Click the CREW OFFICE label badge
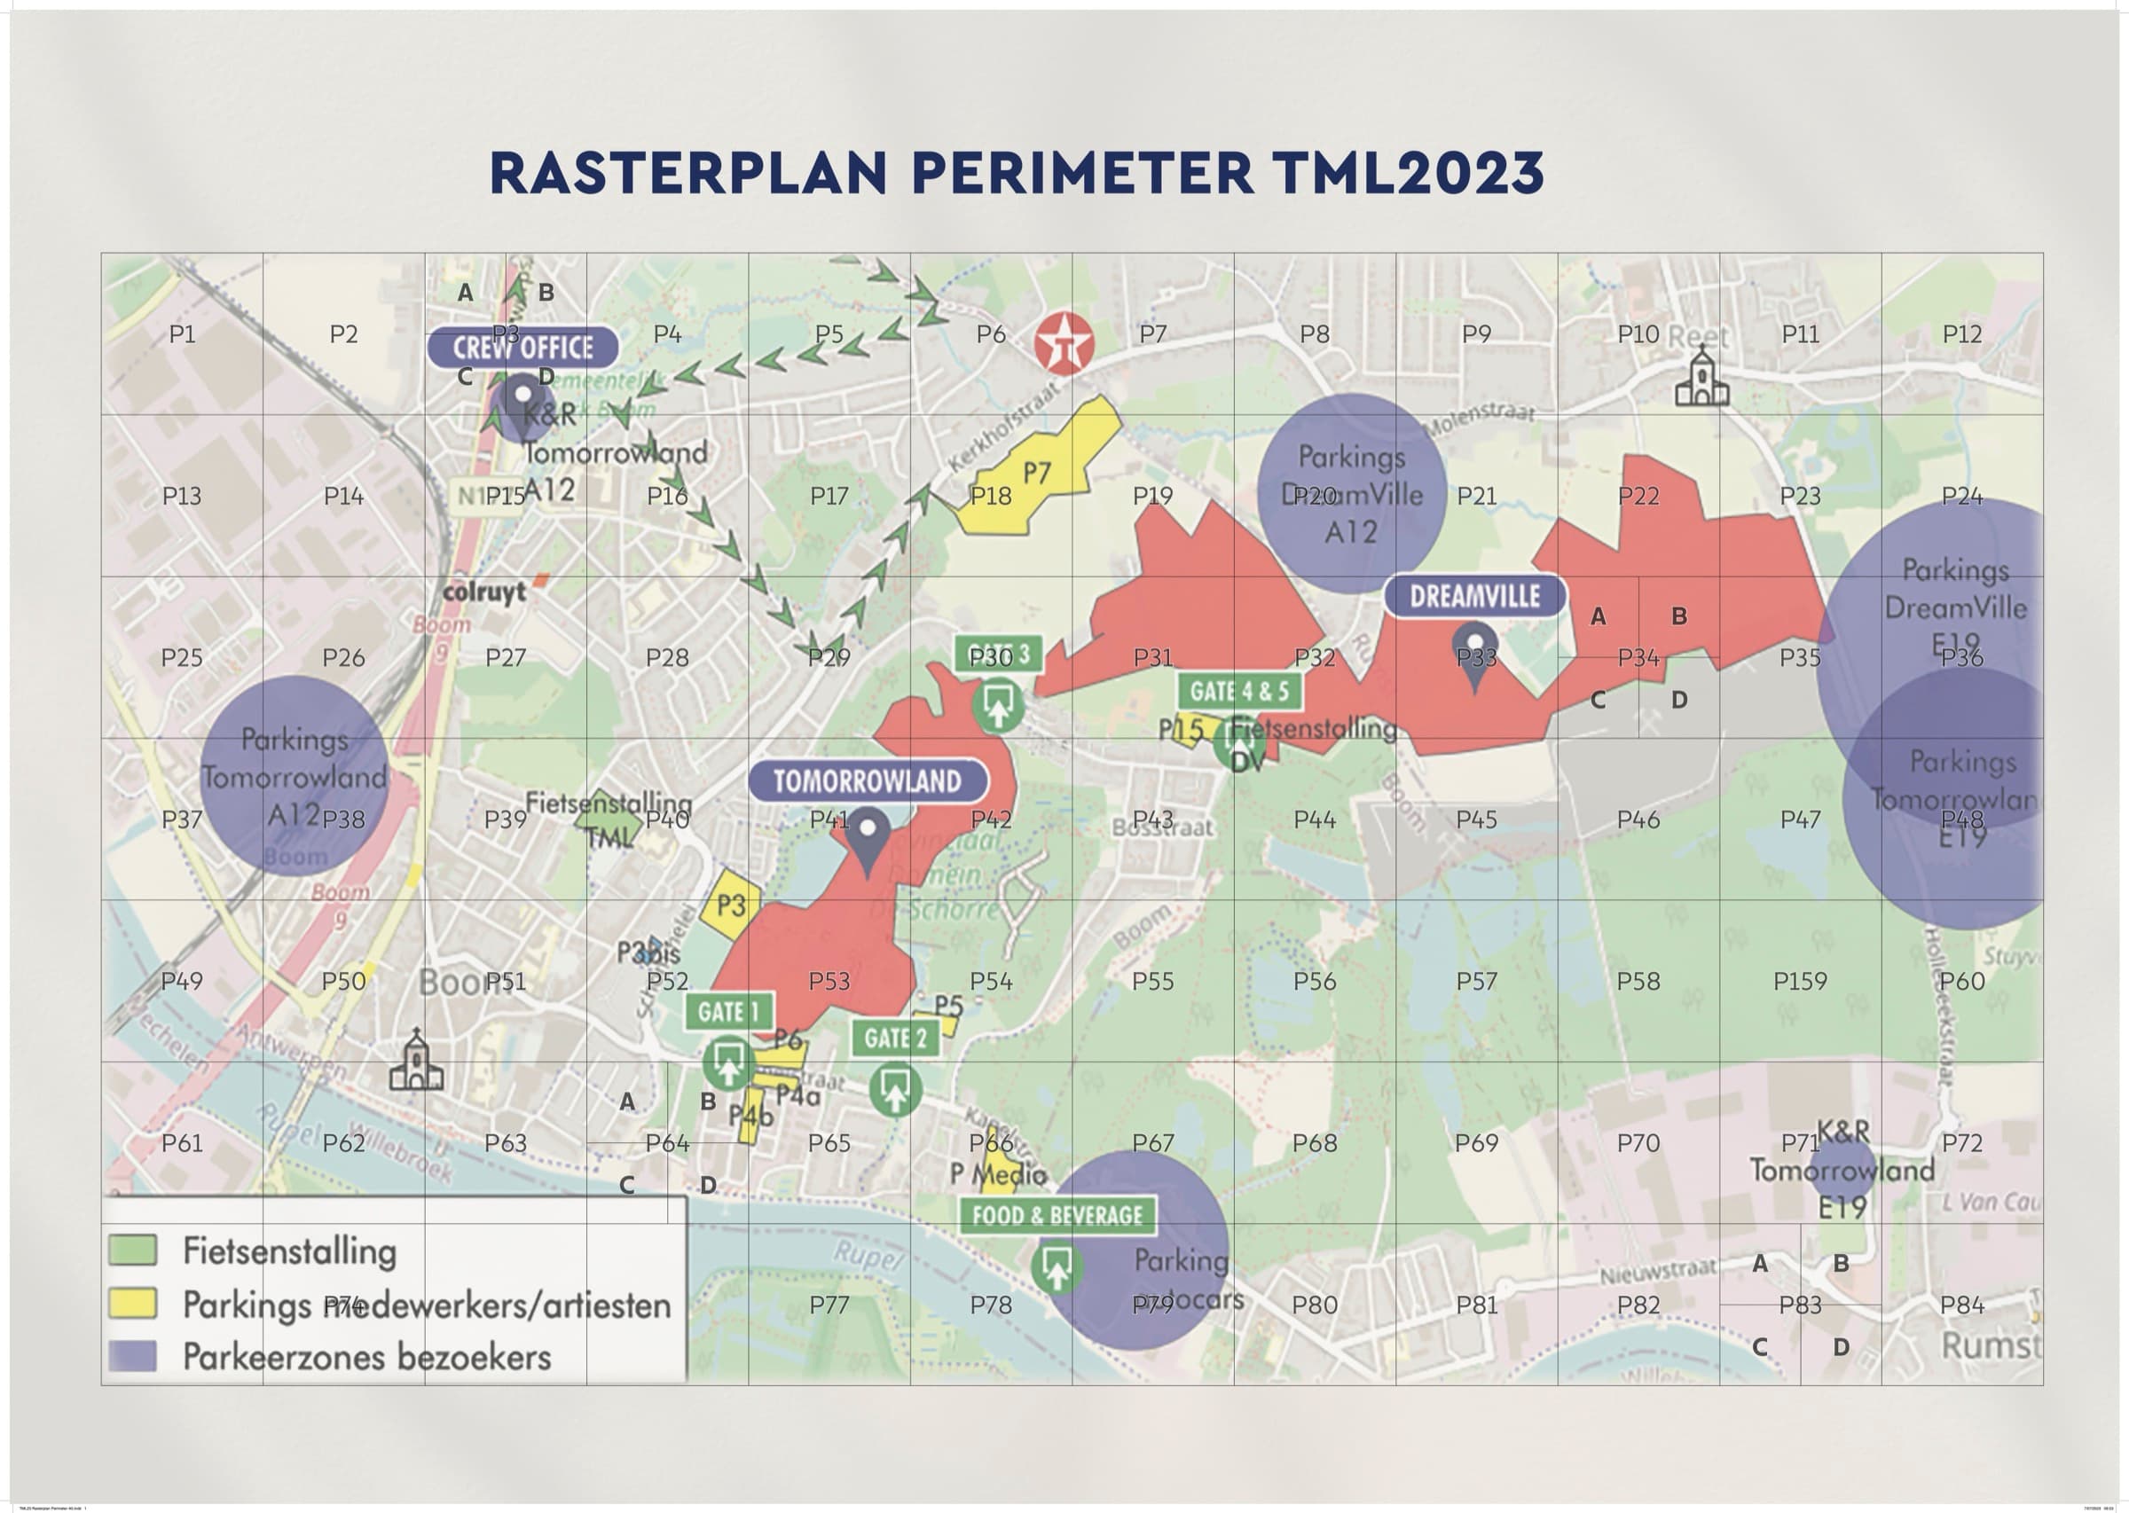pos(522,348)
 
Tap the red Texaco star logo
pos(1063,343)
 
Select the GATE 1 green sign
pos(728,1012)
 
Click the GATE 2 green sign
pos(895,1038)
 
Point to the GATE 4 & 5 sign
pos(1239,691)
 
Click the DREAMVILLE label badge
pos(1474,596)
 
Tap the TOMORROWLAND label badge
pos(868,780)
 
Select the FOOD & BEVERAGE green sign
pos(1057,1215)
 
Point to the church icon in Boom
pos(415,1062)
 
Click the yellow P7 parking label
pos(1037,474)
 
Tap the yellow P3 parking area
pos(732,904)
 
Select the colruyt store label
pos(484,592)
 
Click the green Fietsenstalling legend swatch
pos(132,1250)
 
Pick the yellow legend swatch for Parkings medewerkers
pos(132,1304)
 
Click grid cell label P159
pos(1799,981)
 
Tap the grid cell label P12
pos(1961,333)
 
